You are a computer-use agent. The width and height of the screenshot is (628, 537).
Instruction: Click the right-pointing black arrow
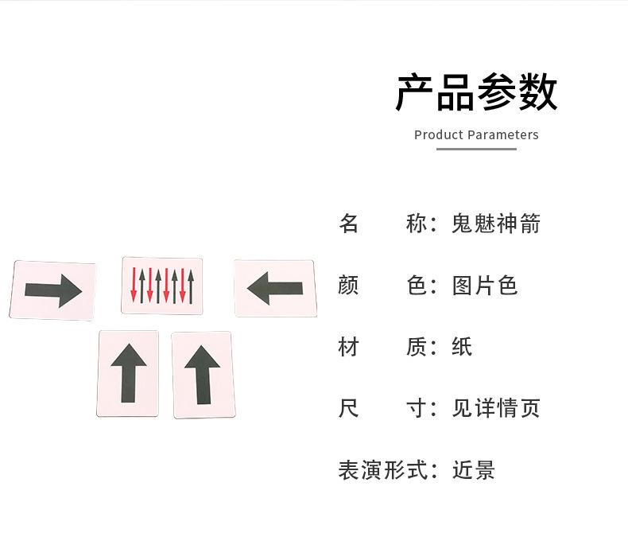pyautogui.click(x=53, y=290)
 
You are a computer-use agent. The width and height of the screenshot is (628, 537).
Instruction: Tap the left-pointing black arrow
pyautogui.click(x=274, y=288)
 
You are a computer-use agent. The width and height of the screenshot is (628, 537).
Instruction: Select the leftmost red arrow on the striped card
pyautogui.click(x=134, y=286)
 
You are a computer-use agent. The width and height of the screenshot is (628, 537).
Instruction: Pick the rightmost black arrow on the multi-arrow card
pyautogui.click(x=191, y=285)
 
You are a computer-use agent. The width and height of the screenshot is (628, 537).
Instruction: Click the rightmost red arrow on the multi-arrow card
pyautogui.click(x=183, y=286)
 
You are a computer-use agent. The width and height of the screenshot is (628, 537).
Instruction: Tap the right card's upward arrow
pyautogui.click(x=202, y=374)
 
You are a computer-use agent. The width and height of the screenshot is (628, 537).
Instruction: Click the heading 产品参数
pyautogui.click(x=476, y=92)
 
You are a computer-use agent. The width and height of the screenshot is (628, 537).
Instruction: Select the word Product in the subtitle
pyautogui.click(x=438, y=135)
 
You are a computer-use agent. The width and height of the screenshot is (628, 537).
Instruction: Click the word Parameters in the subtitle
pyautogui.click(x=503, y=135)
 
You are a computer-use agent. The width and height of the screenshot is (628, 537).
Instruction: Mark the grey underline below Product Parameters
pyautogui.click(x=477, y=149)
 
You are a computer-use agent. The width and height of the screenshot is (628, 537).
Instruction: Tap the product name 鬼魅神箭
pyautogui.click(x=496, y=224)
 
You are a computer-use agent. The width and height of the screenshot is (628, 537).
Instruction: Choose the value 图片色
pyautogui.click(x=485, y=285)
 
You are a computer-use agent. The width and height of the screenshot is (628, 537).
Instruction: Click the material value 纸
pyautogui.click(x=463, y=347)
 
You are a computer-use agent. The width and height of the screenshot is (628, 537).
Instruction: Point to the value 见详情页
pyautogui.click(x=496, y=408)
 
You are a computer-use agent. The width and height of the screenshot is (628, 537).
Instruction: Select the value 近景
pyautogui.click(x=474, y=470)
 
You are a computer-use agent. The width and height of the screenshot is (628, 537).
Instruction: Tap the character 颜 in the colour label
pyautogui.click(x=349, y=285)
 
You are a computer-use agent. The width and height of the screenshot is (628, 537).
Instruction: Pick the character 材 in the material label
pyautogui.click(x=349, y=347)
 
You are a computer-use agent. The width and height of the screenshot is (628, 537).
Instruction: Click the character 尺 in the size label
pyautogui.click(x=349, y=408)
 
